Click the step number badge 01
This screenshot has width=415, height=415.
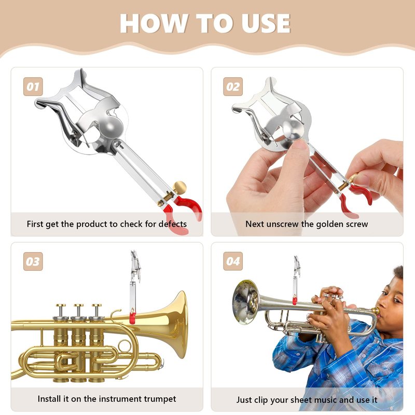(x=33, y=87)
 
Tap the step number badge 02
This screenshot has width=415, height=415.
(x=233, y=87)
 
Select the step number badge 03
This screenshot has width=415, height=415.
(x=33, y=261)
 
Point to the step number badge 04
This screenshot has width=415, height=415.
(x=233, y=261)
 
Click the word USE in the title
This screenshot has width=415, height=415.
(x=266, y=23)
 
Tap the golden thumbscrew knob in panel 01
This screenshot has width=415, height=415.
(x=179, y=187)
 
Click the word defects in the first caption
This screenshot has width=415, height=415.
(x=173, y=224)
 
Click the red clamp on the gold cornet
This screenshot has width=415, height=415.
(x=133, y=316)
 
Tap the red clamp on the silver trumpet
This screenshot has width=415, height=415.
(x=295, y=300)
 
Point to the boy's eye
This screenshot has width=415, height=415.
(x=396, y=300)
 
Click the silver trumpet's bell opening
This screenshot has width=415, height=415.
(x=245, y=302)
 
